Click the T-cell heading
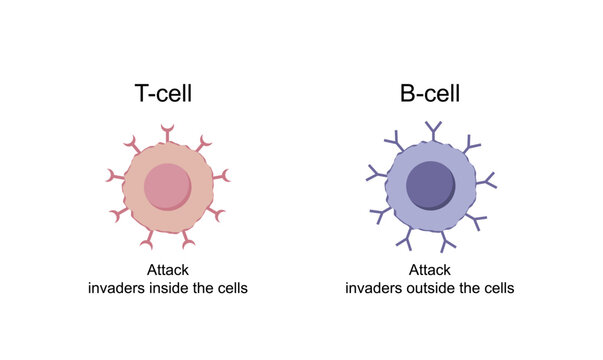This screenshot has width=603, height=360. tap(163, 94)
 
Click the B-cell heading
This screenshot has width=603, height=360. tap(430, 94)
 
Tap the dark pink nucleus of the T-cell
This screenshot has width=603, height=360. tap(167, 187)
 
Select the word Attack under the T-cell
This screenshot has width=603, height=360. tap(167, 270)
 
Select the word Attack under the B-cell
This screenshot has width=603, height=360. tap(430, 270)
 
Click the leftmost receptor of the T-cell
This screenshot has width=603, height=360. tap(113, 177)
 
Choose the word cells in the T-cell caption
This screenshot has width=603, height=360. tap(232, 288)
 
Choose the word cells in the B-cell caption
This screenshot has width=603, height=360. tap(498, 288)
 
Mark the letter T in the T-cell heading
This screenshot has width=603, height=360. tap(143, 94)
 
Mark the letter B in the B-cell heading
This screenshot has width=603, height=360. tap(406, 94)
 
